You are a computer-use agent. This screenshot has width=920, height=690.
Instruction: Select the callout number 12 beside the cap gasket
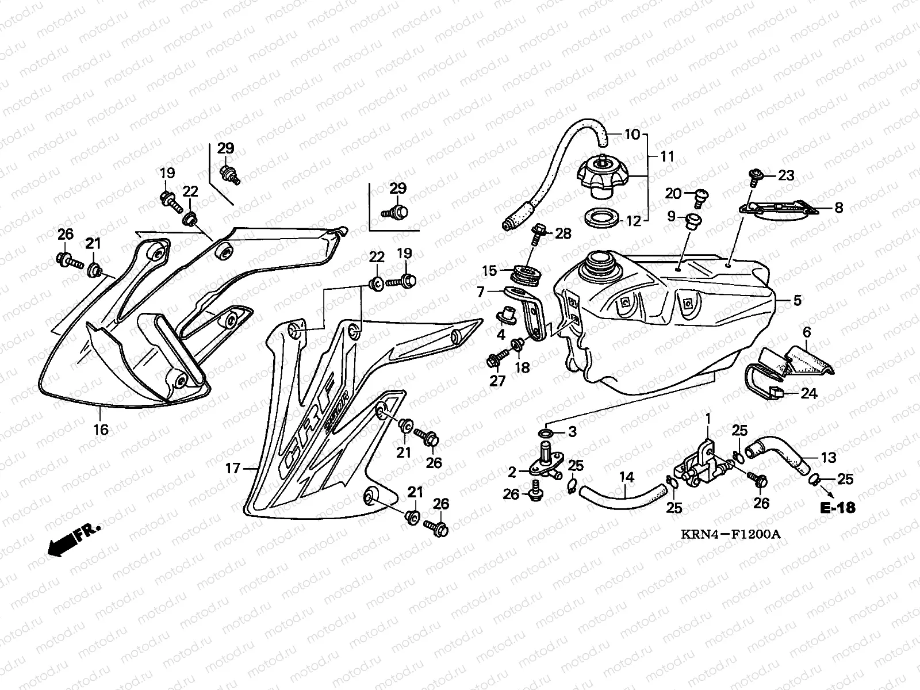632,221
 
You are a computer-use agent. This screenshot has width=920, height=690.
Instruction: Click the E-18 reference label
838,507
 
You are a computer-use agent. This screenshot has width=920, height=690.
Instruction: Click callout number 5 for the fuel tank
797,300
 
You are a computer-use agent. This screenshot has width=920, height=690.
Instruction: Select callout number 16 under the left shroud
101,429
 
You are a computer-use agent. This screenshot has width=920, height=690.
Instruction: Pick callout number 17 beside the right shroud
232,469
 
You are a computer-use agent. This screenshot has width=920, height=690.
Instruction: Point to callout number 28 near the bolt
563,233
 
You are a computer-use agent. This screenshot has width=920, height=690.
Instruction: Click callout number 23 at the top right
785,175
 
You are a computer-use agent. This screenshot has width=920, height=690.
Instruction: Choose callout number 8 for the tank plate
838,208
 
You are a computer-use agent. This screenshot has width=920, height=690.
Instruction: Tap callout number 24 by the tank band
808,393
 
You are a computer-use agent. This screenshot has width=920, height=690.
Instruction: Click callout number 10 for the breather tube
632,135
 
